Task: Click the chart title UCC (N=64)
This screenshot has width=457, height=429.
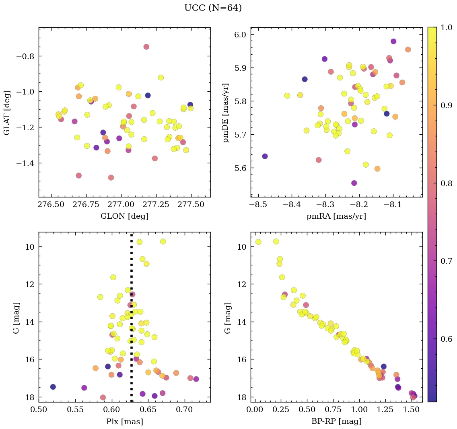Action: click(213, 8)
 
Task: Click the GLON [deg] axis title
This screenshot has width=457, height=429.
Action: click(124, 216)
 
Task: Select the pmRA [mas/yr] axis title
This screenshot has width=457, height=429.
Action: click(336, 216)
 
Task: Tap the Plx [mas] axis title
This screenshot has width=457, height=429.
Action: click(124, 421)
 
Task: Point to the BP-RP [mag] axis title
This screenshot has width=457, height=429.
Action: click(336, 421)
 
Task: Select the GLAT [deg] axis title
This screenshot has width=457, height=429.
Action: click(7, 113)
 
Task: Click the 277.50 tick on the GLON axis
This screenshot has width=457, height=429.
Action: click(191, 205)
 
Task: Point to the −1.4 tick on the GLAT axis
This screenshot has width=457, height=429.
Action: click(27, 163)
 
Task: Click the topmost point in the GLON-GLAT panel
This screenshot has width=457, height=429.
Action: click(146, 47)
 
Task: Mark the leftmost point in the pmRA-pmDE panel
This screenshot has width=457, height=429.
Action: click(265, 156)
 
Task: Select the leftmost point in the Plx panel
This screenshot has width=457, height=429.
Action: click(53, 387)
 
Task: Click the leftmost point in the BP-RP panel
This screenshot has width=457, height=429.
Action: click(258, 242)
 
